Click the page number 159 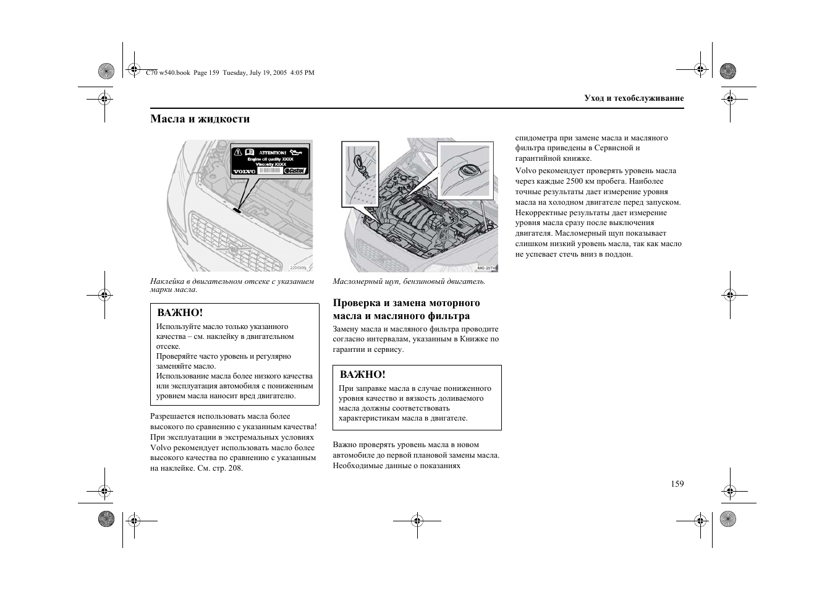coord(677,484)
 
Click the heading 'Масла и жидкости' coord(200,119)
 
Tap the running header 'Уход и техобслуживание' coord(634,98)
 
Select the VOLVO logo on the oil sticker coord(244,171)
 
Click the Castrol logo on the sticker coord(295,171)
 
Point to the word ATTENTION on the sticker coord(272,152)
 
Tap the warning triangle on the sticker coord(237,152)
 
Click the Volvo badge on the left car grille coord(233,249)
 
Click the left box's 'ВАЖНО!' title coord(180,313)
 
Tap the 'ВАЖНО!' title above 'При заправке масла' coord(362,375)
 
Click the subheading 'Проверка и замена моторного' coord(406,303)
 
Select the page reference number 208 coord(234,468)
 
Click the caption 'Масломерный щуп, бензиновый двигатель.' coord(409,281)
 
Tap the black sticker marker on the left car coord(237,210)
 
